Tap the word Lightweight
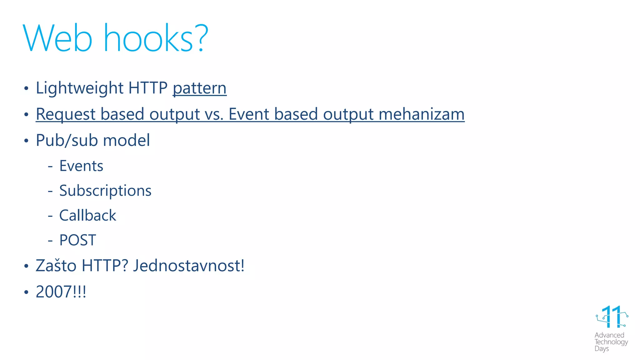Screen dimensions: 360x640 (80, 88)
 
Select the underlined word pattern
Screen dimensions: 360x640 (199, 88)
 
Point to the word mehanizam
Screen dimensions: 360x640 (422, 114)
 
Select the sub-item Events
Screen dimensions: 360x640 (81, 166)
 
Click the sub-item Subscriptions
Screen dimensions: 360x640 (105, 191)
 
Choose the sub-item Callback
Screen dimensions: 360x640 (87, 216)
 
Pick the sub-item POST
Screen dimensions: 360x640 (77, 240)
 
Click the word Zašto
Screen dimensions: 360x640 (56, 266)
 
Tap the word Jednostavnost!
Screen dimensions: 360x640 (188, 266)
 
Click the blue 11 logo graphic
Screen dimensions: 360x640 (612, 317)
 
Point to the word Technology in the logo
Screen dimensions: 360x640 (611, 342)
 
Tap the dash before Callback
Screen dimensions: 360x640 (50, 216)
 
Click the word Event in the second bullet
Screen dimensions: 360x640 (249, 114)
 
